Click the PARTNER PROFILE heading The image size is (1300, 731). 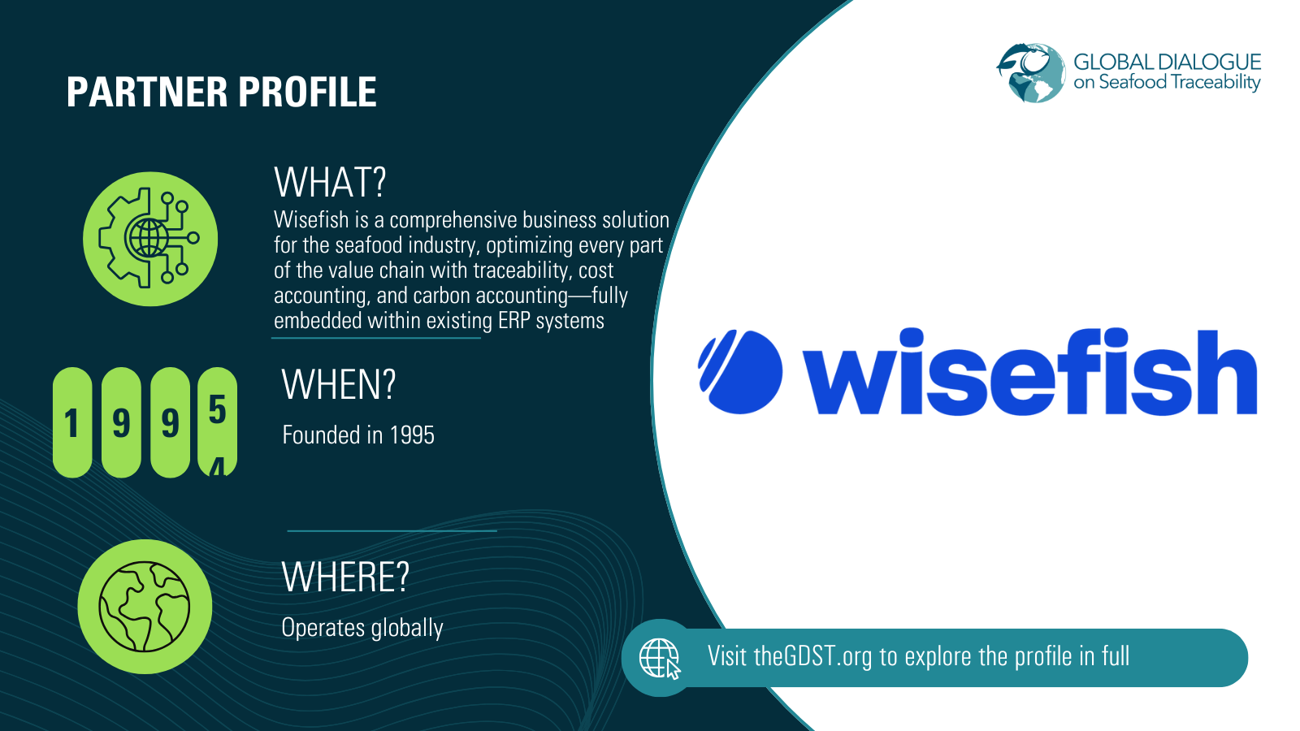point(221,92)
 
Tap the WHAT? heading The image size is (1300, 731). point(330,182)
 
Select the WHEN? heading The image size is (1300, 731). point(338,384)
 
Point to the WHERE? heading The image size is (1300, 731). point(345,577)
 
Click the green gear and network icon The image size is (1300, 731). point(150,239)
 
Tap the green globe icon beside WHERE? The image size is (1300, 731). point(145,607)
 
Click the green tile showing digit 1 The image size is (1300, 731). point(72,422)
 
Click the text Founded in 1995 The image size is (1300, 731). point(357,435)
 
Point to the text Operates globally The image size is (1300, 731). point(362,628)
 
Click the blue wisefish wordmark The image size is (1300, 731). point(1029,372)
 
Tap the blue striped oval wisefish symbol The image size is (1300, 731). point(739,372)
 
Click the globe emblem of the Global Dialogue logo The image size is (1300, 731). point(1031,73)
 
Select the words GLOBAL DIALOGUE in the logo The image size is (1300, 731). point(1167,62)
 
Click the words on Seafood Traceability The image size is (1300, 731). point(1167,82)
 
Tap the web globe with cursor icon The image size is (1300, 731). point(660,658)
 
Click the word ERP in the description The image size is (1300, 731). point(513,321)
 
